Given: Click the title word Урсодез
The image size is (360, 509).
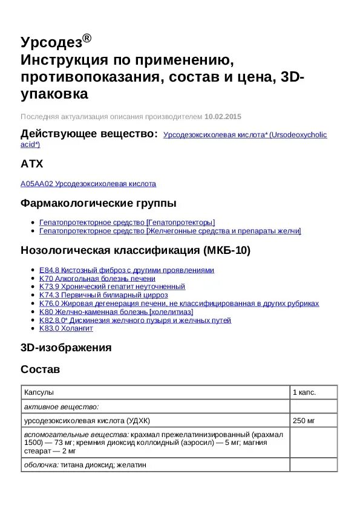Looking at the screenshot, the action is (x=51, y=42).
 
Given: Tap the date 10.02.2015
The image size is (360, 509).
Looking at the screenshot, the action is (x=223, y=116).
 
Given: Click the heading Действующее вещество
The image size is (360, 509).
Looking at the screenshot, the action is (x=89, y=134).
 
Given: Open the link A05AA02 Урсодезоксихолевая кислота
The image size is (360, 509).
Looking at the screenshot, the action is (x=88, y=184).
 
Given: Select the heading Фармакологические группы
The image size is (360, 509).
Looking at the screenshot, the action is (x=99, y=203).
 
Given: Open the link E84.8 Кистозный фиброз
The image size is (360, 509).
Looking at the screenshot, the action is (x=126, y=270).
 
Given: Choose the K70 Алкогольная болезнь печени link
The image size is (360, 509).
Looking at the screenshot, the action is (x=97, y=279).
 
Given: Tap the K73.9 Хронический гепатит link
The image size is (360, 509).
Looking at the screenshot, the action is (x=112, y=287).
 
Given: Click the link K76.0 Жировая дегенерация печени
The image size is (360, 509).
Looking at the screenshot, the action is (x=178, y=303).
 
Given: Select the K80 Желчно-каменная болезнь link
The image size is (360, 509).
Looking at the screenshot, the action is (x=116, y=312).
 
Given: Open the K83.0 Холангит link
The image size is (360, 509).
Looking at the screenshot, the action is (x=66, y=328).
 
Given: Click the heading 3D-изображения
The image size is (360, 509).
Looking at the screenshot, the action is (x=66, y=348).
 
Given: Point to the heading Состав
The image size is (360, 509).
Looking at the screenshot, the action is (x=40, y=369).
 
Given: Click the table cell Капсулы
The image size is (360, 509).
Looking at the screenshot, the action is (x=39, y=392).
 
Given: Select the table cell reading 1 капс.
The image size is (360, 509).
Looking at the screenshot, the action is (x=304, y=392).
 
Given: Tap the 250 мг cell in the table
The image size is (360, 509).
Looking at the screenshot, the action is (x=304, y=421).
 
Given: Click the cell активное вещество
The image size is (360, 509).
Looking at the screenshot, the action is (x=61, y=407).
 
